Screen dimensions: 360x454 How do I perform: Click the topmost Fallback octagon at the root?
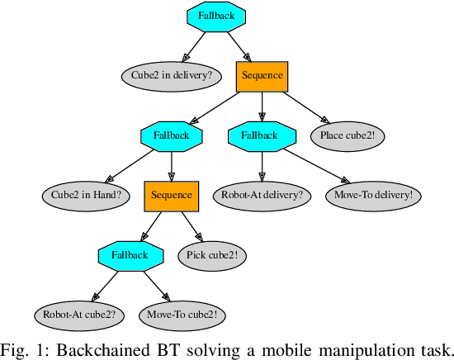216,17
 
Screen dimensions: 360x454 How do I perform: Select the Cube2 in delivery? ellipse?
171,76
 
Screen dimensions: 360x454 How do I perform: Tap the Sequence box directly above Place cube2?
262,76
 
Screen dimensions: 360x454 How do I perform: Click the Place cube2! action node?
348,135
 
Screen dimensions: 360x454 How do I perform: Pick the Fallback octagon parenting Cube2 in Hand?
171,135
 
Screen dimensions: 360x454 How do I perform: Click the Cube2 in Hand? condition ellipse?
86,196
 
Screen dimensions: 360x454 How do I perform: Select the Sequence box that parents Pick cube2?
171,196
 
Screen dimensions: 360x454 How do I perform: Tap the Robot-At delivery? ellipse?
262,196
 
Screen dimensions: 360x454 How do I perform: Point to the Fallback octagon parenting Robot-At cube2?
129,255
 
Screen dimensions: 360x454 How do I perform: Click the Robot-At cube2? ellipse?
79,315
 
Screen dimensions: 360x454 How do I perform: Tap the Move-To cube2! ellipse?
182,315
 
